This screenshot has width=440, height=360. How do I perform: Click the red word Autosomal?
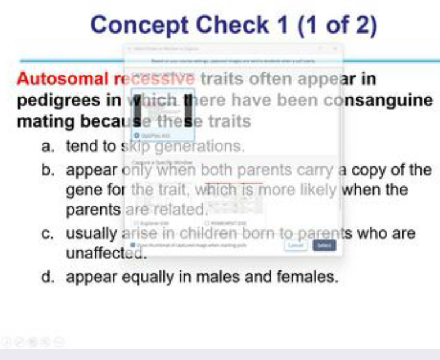(62, 79)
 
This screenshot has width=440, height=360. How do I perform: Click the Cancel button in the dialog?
(295, 246)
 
